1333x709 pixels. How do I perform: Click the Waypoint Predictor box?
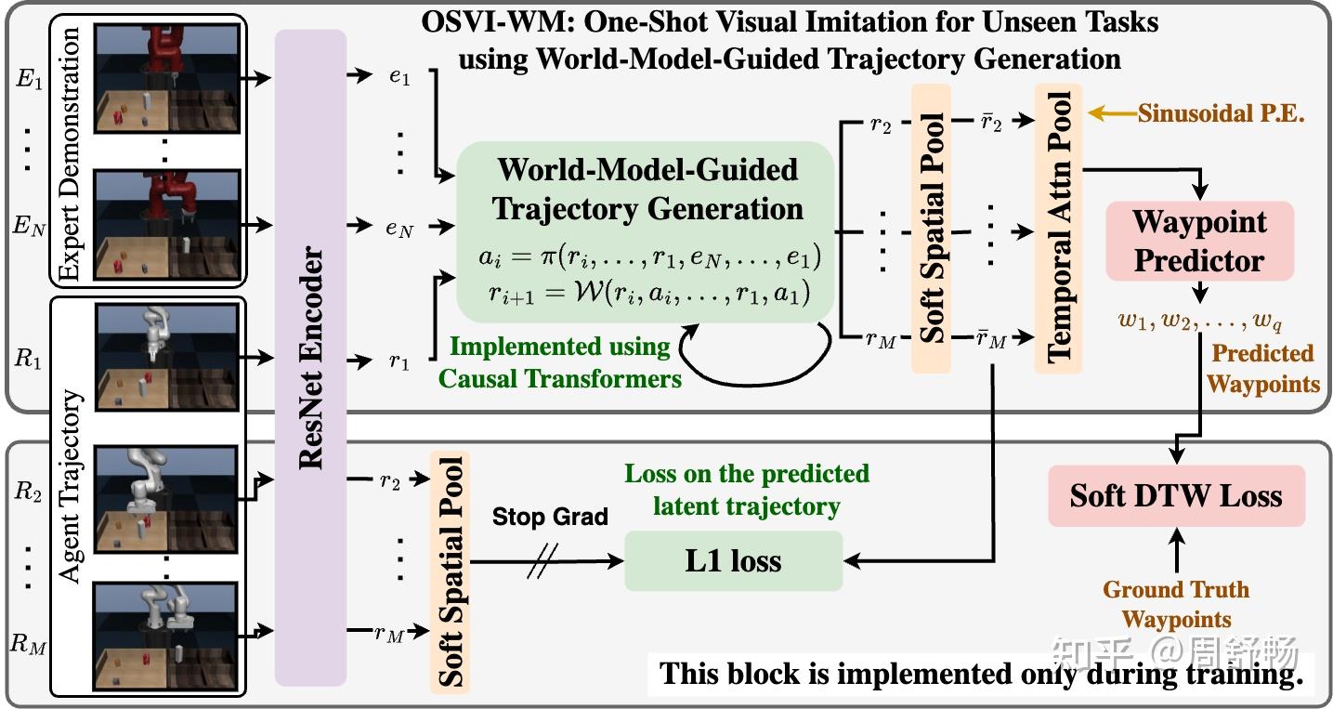point(1200,241)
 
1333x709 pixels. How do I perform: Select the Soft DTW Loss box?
point(1177,496)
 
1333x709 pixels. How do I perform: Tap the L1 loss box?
point(733,560)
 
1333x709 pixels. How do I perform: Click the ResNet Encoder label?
point(310,358)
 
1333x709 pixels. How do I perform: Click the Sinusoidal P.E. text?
point(1222,113)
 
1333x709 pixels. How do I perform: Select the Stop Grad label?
point(550,517)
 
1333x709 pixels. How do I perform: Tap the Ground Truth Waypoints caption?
point(1177,604)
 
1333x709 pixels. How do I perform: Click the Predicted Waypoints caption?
point(1262,369)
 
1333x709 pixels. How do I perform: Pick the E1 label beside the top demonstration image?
point(29,79)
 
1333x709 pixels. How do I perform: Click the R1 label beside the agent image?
point(28,359)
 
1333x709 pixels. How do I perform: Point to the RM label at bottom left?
point(28,644)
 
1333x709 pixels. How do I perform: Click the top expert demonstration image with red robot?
point(167,78)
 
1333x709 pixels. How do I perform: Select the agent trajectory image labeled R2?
point(167,499)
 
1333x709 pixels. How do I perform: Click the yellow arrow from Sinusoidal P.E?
point(1113,112)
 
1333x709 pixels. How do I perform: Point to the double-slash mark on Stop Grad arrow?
point(542,560)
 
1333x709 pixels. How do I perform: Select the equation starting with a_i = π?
point(650,256)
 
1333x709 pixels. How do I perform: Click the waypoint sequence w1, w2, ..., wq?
point(1200,322)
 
